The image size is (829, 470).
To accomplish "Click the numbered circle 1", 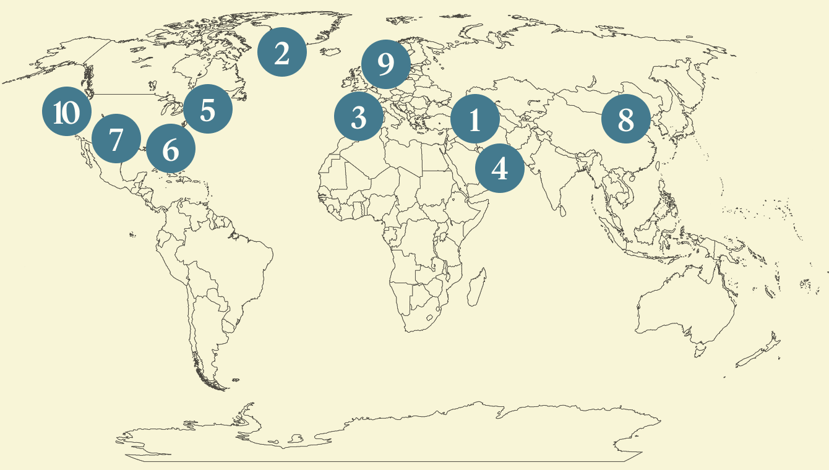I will (475, 119).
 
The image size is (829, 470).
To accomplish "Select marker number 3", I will (359, 117).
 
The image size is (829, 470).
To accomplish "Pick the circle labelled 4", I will (500, 168).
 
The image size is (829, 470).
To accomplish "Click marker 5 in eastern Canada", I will (208, 109).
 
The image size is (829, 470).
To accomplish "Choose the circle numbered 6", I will (171, 148).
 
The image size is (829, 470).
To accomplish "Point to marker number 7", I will (116, 139).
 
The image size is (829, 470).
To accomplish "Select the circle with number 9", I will (385, 63).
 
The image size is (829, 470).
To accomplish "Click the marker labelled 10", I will (67, 113).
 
